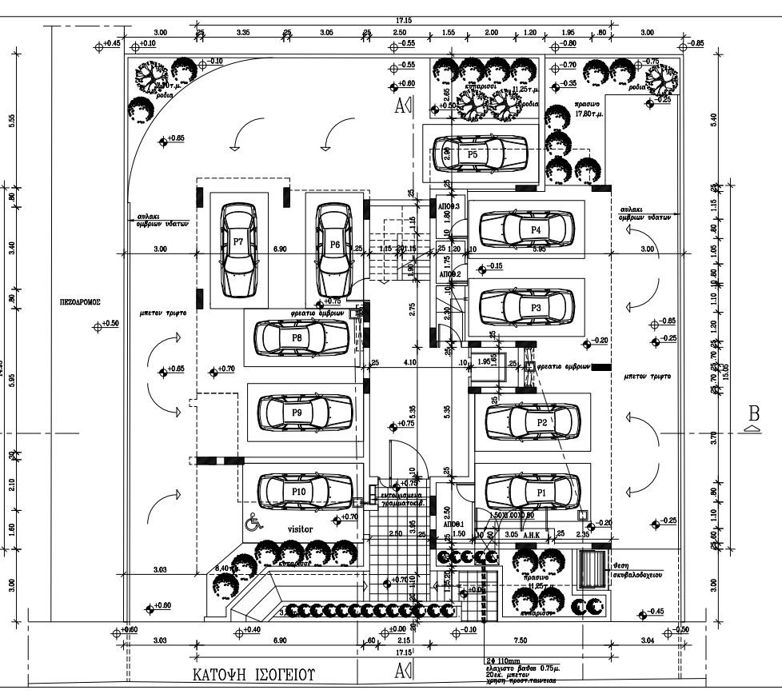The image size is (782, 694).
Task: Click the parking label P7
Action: point(237,241)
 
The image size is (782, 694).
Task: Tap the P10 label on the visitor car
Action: point(299,491)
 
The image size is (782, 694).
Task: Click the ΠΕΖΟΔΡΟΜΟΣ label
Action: point(78,304)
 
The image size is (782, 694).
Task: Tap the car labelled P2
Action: point(533,421)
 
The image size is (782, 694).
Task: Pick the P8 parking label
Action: point(297,337)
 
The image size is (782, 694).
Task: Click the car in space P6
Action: point(333,249)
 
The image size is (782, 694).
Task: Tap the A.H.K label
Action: point(533,535)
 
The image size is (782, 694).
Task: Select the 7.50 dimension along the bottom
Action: point(521,640)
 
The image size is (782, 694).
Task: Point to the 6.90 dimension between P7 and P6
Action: point(281,250)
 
